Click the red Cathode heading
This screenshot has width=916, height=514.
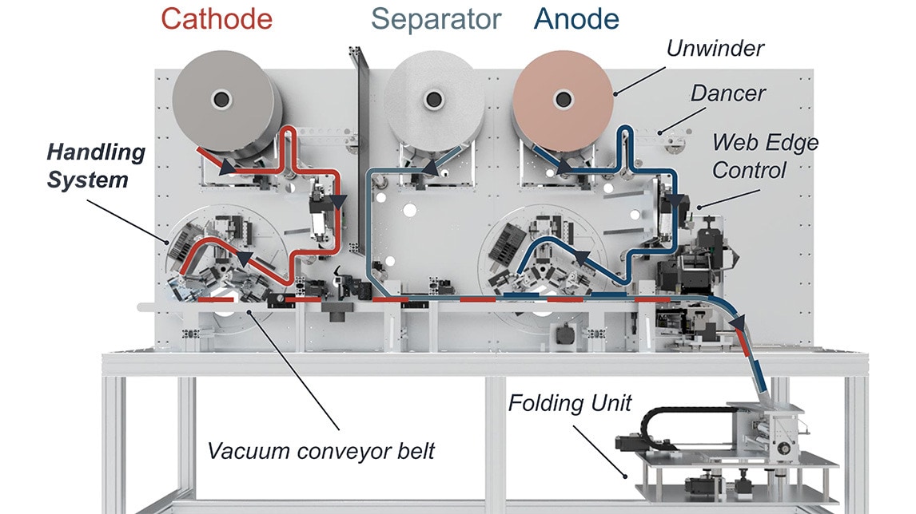point(217,19)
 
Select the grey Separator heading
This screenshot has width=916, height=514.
point(436,19)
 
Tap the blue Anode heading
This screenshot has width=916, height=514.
point(576,19)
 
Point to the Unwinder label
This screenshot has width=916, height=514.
point(715,49)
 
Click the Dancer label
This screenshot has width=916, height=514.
point(727,93)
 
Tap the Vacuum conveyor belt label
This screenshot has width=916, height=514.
point(321,451)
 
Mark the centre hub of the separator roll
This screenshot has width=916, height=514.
point(435,100)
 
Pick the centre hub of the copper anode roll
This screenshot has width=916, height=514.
point(564,100)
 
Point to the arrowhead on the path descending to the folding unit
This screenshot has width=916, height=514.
point(738,321)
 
